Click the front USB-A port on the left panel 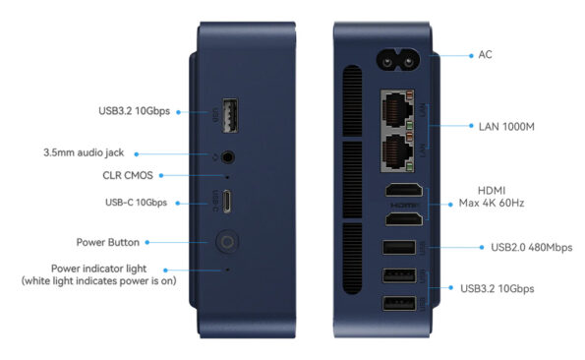[x=230, y=116]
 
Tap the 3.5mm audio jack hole [x=227, y=157]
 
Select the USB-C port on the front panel [x=226, y=201]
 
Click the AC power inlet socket [x=398, y=61]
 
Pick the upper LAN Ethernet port [x=397, y=110]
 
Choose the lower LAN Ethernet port [x=397, y=151]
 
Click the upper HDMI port [x=404, y=190]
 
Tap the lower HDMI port [x=404, y=219]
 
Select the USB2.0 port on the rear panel [x=399, y=247]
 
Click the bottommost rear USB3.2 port [x=399, y=303]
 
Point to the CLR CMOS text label [x=128, y=175]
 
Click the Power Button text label [x=108, y=242]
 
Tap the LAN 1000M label [x=506, y=127]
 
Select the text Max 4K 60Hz [x=492, y=203]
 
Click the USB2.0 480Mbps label [x=531, y=247]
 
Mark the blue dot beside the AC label [x=471, y=56]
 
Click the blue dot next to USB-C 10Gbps [x=178, y=204]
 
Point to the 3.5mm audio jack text [x=84, y=152]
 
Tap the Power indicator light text [x=98, y=269]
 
